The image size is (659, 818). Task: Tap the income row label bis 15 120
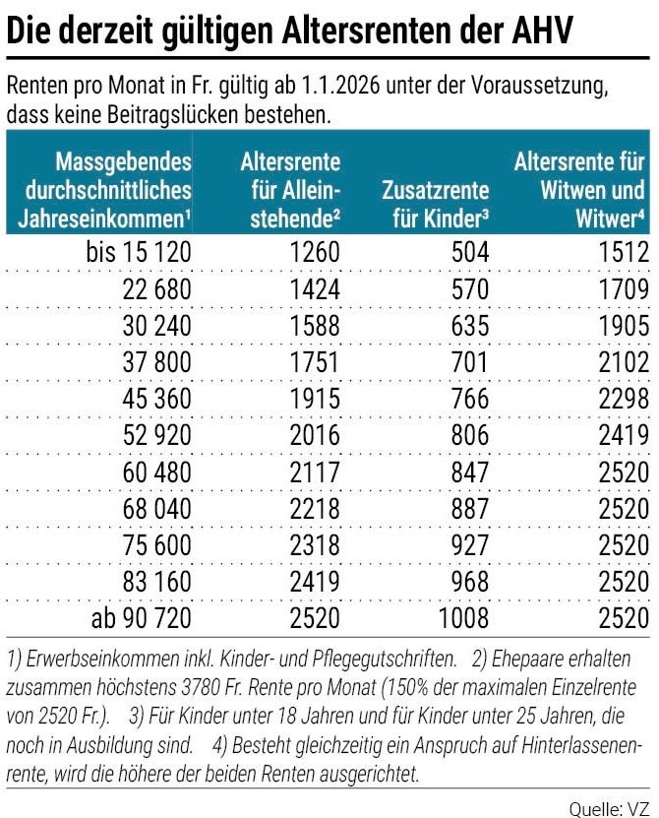(x=139, y=253)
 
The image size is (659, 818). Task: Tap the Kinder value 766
(x=470, y=399)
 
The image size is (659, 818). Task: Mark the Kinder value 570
(x=470, y=289)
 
